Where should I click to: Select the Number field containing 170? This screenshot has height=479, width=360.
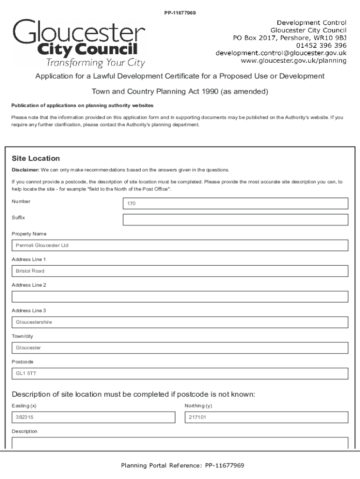[x=235, y=203]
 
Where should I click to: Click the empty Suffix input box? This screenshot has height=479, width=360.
[x=235, y=220]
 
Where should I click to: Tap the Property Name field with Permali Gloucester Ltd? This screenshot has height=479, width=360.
[x=180, y=246]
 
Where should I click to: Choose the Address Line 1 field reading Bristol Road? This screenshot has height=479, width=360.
[x=180, y=271]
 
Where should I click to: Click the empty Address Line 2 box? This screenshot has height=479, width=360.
[x=180, y=297]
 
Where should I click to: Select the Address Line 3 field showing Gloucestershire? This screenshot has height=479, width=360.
[x=180, y=322]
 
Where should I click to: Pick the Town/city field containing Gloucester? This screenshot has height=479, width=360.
[x=180, y=348]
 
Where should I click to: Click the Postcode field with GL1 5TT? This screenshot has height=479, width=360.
[x=180, y=373]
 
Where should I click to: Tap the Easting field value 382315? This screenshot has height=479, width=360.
[x=93, y=417]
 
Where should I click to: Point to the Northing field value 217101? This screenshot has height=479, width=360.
[x=266, y=417]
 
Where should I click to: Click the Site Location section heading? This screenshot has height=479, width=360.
[x=36, y=159]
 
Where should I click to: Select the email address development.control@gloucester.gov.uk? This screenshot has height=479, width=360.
[x=281, y=53]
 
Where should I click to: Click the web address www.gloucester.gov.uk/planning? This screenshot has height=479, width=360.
[x=293, y=60]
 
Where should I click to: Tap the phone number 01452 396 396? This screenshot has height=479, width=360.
[x=321, y=45]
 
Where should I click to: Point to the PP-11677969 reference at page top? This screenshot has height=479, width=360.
[x=180, y=13]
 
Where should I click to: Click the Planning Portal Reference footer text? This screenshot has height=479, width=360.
[x=182, y=465]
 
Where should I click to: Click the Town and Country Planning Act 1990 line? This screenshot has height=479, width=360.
[x=180, y=92]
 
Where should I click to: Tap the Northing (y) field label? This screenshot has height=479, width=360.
[x=198, y=406]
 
